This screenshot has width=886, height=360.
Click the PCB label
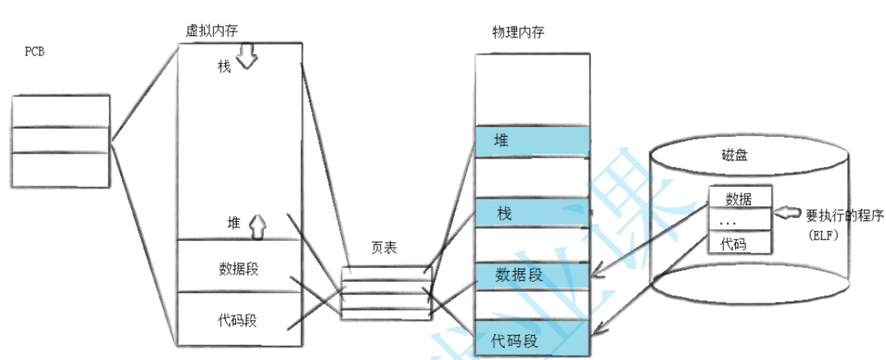click(34, 52)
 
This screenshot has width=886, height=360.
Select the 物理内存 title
click(517, 32)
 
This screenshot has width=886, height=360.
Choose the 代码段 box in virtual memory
click(239, 321)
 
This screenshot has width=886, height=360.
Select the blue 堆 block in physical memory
click(532, 142)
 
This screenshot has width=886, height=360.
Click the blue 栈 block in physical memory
click(532, 213)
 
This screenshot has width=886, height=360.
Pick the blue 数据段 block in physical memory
click(532, 275)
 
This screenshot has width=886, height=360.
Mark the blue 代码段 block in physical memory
click(532, 338)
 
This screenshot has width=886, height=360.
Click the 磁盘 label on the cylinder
click(735, 154)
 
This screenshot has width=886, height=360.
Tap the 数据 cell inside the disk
click(739, 199)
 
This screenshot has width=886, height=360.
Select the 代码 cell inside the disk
click(739, 244)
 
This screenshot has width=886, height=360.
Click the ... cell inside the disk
click(739, 222)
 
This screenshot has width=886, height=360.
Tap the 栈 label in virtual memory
click(225, 66)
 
